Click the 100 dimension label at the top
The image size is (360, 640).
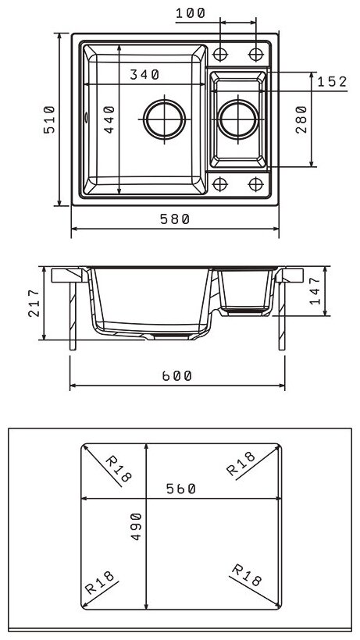click(191, 13)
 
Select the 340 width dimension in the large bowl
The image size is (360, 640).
click(144, 75)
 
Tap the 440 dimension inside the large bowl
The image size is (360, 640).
click(109, 119)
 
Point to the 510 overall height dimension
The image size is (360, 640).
click(49, 119)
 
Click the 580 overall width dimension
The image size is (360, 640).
click(175, 219)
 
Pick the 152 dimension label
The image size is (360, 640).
click(332, 82)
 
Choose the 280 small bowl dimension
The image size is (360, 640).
click(301, 119)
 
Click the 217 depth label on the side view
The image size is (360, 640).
click(34, 304)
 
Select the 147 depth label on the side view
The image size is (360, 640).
click(315, 291)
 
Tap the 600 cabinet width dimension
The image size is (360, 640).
click(176, 376)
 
